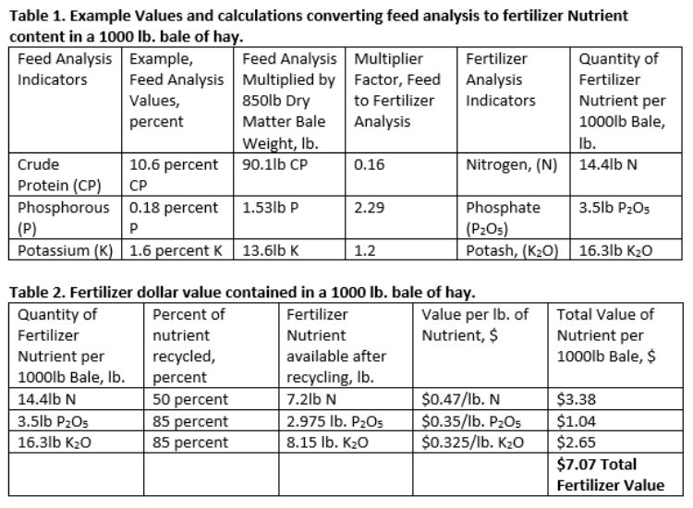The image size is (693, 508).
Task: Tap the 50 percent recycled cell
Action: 190,402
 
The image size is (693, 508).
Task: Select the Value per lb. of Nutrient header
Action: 476,325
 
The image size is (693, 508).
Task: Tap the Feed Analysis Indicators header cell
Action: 62,69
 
